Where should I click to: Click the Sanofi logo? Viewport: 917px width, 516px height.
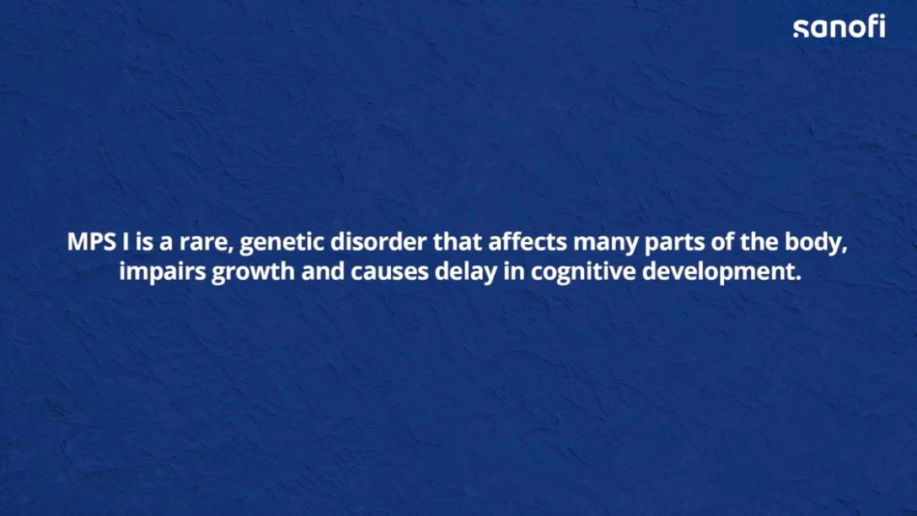point(839,27)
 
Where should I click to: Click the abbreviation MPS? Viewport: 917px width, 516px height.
point(92,242)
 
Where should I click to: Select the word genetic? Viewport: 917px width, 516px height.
point(282,244)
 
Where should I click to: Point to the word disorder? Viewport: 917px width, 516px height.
point(378,242)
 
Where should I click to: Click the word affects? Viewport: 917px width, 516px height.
point(528,242)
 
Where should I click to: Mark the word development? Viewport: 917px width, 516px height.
point(721,272)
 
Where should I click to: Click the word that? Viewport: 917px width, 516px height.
point(458,242)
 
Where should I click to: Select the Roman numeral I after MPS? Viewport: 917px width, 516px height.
point(126,242)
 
